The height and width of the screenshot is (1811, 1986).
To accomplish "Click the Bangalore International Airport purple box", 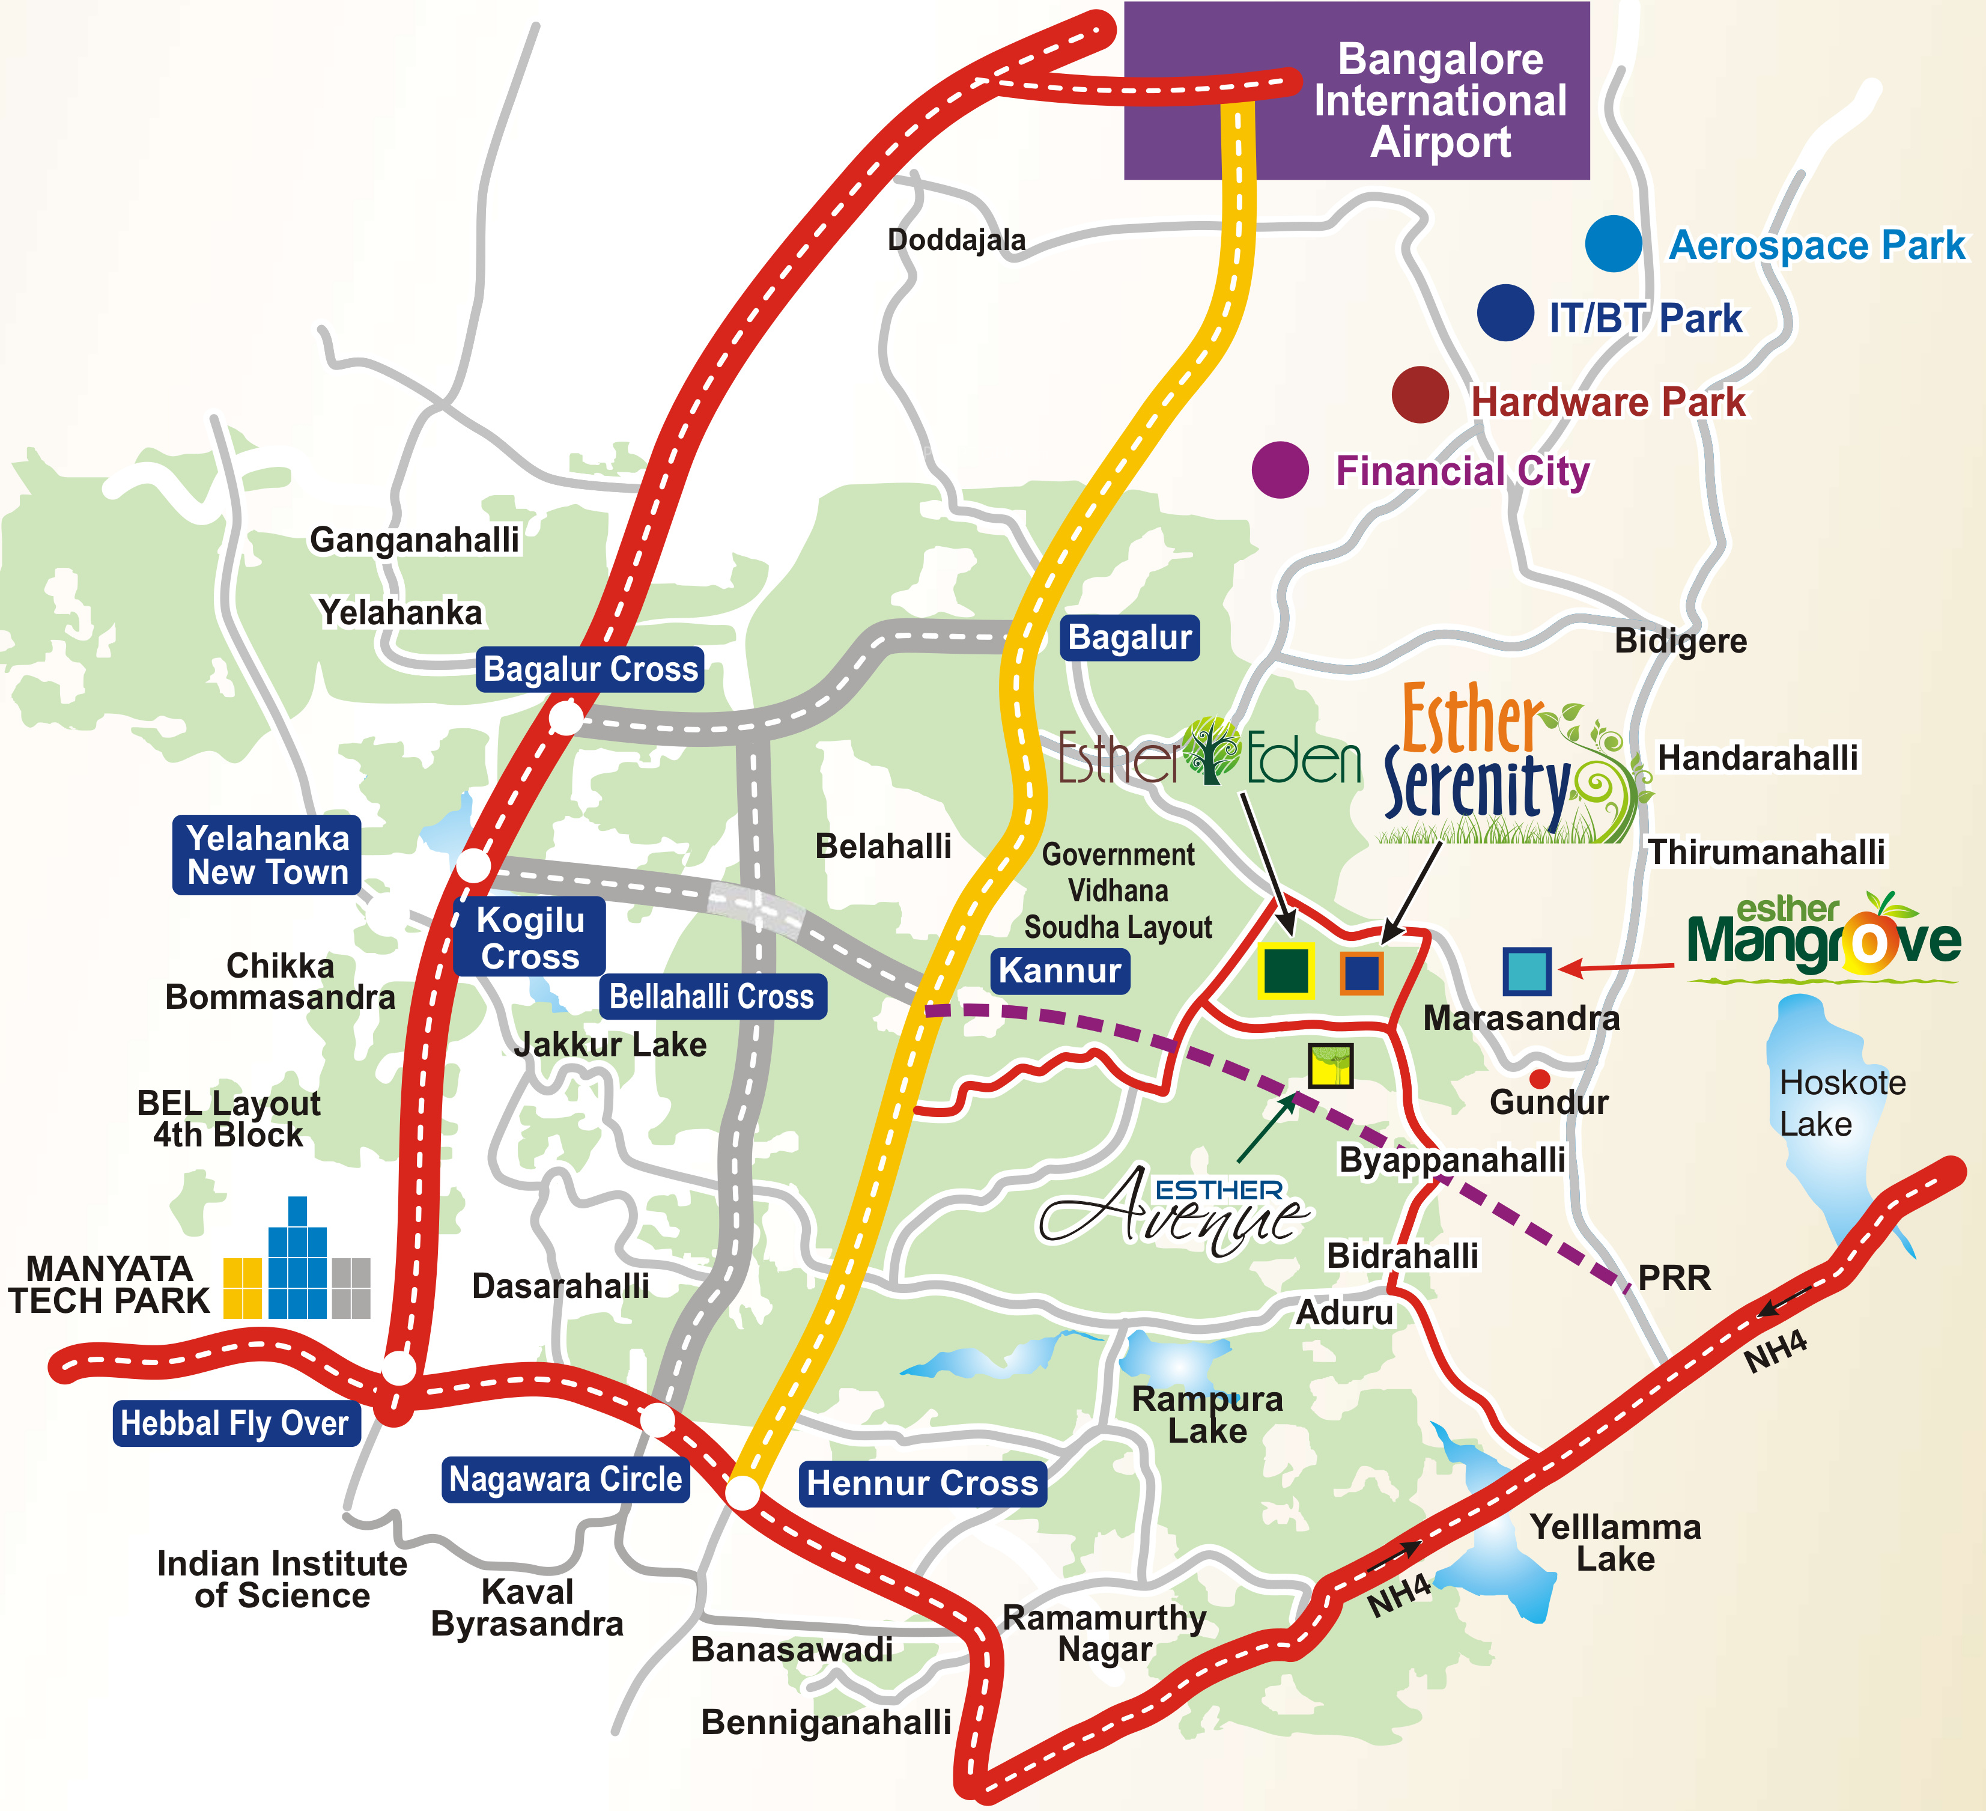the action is click(1356, 91).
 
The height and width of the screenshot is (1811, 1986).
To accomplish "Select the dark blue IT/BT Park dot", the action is click(1505, 312).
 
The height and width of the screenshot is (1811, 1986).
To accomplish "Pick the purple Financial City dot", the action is click(1281, 469).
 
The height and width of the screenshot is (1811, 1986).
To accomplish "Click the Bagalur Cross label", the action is click(590, 669).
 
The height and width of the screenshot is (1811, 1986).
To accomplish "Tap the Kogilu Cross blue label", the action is click(530, 937).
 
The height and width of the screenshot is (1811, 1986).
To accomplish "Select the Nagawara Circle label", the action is click(565, 1479).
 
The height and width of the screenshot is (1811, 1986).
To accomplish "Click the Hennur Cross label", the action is click(922, 1483).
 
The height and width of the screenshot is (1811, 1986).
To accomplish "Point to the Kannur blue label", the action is click(1060, 970).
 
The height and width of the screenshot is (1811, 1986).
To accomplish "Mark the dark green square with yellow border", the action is click(1286, 970).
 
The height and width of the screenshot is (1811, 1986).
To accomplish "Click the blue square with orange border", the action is click(1361, 973).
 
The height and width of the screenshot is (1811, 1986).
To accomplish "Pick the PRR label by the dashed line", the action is click(1675, 1278).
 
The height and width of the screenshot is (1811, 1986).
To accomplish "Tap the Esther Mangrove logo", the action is click(1823, 937).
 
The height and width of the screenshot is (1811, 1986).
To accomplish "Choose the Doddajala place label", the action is click(956, 239).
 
